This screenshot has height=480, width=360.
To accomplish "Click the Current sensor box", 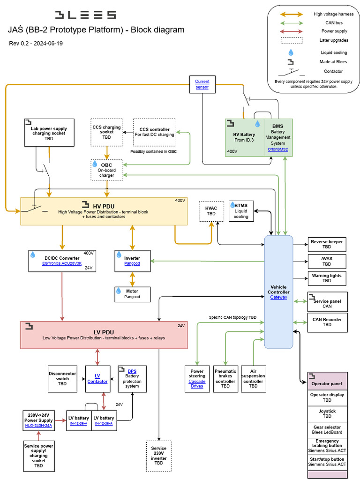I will (202, 84).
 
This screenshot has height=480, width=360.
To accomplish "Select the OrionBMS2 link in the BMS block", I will (278, 150).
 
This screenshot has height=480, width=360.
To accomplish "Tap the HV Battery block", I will (244, 137).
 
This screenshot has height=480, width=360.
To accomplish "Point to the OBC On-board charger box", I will (106, 170).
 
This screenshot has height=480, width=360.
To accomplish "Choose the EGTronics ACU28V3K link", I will (62, 263).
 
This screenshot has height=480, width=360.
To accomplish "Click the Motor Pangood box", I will (132, 294).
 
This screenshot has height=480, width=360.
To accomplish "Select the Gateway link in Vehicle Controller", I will (278, 297).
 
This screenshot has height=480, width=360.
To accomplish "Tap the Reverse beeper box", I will (327, 244).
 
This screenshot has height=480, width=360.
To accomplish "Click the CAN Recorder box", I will (327, 322).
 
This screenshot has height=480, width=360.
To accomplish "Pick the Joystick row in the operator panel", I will (327, 413).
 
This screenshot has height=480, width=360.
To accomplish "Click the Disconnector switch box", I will (62, 379).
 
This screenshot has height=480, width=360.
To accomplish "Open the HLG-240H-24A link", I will (38, 426).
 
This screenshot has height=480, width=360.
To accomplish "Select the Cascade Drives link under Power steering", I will (197, 383).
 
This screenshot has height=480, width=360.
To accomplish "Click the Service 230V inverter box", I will (159, 455).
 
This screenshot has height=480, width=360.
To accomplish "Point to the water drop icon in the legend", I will (291, 52).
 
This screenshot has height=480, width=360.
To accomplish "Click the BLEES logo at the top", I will (85, 15).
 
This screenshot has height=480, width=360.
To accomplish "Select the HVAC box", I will (211, 211).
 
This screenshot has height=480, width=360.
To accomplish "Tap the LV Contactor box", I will (97, 379).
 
